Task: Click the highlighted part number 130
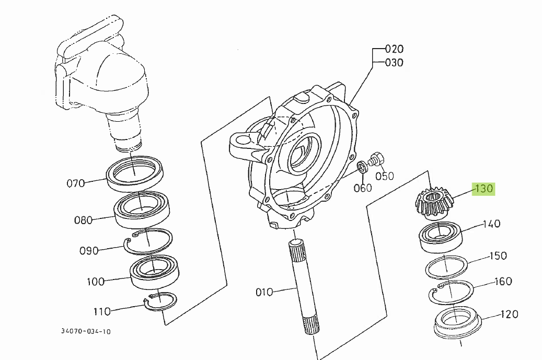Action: (483, 189)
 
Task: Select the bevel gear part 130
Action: (434, 203)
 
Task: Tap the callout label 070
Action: (76, 183)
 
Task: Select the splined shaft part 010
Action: (304, 287)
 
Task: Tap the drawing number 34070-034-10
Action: (86, 331)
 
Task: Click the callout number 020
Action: (394, 49)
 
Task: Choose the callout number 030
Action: (394, 63)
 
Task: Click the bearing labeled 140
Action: (439, 237)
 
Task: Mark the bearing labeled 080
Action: (141, 211)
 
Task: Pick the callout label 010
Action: (264, 292)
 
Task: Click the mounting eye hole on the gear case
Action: (244, 140)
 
